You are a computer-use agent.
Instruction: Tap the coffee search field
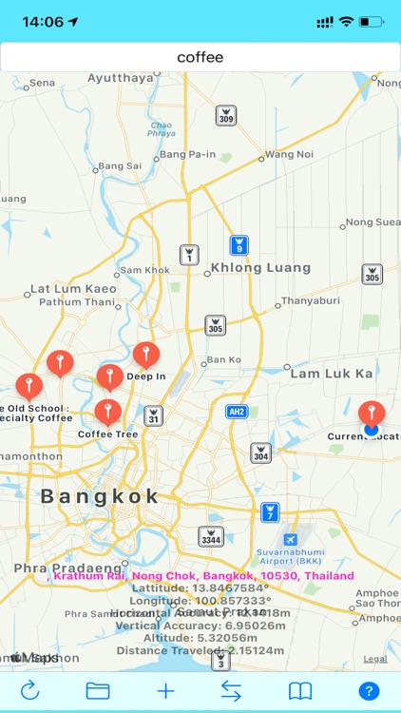click(200, 57)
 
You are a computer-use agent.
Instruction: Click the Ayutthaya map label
click(121, 78)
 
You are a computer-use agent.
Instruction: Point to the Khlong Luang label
click(260, 268)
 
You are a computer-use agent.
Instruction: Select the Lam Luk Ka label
click(332, 374)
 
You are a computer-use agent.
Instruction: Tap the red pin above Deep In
click(145, 355)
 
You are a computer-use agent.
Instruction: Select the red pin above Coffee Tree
click(107, 412)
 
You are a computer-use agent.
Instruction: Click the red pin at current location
click(372, 413)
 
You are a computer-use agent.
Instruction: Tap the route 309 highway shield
click(225, 115)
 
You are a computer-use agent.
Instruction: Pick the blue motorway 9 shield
click(239, 245)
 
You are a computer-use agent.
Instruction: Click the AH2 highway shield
click(238, 412)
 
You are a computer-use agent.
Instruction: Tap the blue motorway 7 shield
click(271, 512)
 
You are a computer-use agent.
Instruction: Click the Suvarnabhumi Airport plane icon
click(277, 539)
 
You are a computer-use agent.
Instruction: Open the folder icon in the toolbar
click(98, 691)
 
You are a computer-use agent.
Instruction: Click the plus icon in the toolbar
click(166, 691)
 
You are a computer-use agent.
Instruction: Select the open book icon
click(300, 691)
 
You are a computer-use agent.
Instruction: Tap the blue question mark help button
click(369, 691)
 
